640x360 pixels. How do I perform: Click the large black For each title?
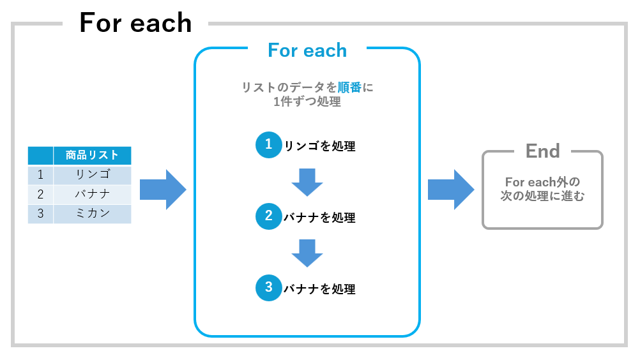point(135,23)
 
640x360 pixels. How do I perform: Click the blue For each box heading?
point(307,50)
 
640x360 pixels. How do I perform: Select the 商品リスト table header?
point(92,155)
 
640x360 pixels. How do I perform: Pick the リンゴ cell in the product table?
point(93,174)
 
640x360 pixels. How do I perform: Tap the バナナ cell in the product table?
point(92,194)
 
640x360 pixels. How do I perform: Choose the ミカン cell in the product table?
point(93,213)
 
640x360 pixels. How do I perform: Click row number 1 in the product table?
point(40,175)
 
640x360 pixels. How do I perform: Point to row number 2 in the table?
point(40,195)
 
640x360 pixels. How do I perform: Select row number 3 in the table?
point(40,214)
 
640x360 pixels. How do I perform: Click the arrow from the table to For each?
point(163,190)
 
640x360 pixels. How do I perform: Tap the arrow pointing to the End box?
point(451,190)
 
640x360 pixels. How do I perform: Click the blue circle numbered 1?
point(268,145)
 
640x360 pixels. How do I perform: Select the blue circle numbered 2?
point(268,216)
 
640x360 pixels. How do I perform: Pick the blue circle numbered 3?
point(268,288)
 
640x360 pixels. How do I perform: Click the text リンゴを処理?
point(319,146)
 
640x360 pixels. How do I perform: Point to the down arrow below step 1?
point(307,183)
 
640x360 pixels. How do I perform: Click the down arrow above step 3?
point(307,253)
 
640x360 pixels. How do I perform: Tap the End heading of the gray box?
point(542,151)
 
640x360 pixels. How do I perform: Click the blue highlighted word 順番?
point(349,87)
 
